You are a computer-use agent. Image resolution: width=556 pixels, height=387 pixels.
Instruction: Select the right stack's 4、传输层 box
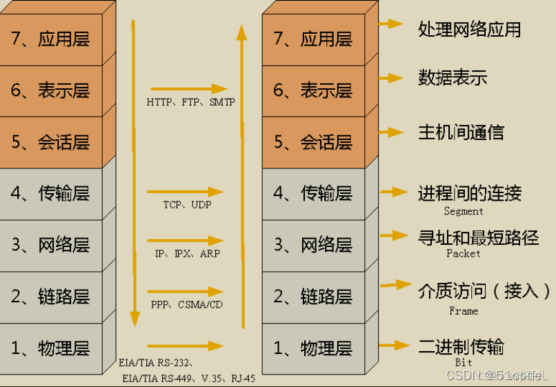(313, 194)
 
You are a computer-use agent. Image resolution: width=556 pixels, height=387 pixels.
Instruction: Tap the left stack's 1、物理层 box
(51, 348)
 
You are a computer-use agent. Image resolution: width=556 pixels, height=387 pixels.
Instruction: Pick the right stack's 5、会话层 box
(313, 142)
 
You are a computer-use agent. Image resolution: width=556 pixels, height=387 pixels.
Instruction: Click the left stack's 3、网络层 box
(51, 245)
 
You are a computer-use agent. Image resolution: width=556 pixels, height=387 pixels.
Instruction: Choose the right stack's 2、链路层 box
(313, 297)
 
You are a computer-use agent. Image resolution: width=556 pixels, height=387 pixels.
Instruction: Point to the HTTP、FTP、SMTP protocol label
(190, 102)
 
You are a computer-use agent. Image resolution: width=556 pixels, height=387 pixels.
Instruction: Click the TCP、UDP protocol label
(187, 205)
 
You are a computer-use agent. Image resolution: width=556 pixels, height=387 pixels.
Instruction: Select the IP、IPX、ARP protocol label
(188, 254)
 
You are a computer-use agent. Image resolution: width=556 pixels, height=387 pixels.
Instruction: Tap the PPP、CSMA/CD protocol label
(187, 304)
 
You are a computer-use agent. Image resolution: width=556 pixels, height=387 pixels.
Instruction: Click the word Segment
(464, 212)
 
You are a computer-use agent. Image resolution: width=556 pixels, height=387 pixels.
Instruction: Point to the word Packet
(464, 254)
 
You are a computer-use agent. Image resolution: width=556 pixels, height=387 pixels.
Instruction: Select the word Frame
(464, 311)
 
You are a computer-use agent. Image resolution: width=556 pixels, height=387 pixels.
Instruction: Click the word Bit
(464, 362)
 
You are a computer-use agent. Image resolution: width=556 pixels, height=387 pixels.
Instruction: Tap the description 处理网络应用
(469, 29)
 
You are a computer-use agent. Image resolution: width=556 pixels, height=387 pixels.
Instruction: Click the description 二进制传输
(461, 346)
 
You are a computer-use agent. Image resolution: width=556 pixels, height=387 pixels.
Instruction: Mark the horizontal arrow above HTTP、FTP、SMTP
(188, 89)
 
